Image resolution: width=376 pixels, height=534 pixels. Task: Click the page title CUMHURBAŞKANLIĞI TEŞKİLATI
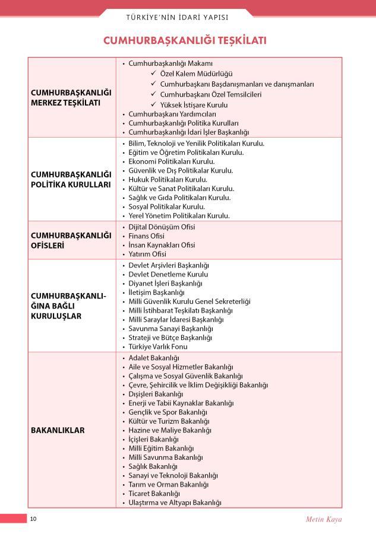188,40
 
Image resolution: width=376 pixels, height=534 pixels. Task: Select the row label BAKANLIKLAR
58,430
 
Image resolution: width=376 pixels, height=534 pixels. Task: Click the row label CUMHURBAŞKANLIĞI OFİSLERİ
71,240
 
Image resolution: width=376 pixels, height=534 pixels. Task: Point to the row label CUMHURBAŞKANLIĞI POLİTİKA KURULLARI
71,179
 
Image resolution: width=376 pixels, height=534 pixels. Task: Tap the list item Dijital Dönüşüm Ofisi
162,227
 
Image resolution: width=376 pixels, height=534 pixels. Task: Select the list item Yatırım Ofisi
147,254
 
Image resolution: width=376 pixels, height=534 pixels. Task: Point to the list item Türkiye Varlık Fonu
158,347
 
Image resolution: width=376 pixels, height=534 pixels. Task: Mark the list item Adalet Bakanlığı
154,358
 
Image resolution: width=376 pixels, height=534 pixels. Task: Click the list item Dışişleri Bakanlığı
156,394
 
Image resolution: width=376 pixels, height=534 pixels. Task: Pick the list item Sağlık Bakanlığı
153,466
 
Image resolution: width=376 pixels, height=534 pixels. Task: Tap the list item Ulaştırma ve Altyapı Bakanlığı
175,503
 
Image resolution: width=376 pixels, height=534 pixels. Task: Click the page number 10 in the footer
33,519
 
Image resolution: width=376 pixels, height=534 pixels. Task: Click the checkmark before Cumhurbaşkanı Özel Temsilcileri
154,94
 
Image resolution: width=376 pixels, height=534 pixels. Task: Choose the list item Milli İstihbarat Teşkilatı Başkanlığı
181,310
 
